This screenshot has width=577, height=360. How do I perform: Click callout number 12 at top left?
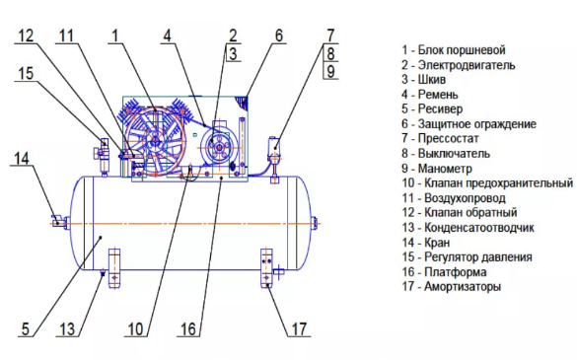click(26, 36)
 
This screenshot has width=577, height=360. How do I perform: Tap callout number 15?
click(26, 73)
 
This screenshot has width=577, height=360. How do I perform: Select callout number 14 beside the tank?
click(21, 159)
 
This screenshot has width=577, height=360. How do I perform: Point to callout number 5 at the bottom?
click(25, 328)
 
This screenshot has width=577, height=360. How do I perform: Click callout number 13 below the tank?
click(67, 328)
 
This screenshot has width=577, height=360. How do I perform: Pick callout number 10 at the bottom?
click(135, 328)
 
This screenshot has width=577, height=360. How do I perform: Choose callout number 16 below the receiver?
click(188, 328)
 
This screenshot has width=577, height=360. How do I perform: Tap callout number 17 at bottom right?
click(299, 328)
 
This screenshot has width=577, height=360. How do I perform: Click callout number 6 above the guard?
click(279, 36)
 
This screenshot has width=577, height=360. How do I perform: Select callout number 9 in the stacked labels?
click(330, 71)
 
